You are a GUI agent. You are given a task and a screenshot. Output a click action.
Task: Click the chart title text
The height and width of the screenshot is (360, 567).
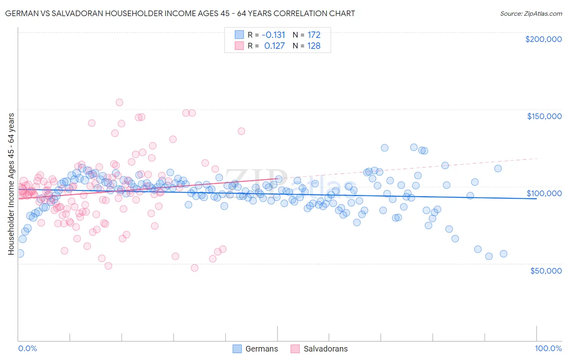click(180, 13)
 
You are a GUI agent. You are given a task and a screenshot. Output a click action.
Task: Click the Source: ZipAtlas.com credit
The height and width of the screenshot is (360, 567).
click(531, 13)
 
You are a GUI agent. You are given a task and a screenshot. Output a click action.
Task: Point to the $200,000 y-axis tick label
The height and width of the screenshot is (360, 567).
click(543, 39)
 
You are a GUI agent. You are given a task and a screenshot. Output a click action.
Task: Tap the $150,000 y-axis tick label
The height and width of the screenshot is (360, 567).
click(544, 116)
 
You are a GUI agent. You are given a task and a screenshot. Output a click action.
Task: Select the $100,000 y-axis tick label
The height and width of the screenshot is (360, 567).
click(544, 193)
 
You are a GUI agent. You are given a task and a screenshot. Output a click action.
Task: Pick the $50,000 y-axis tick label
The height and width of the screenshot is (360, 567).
click(546, 271)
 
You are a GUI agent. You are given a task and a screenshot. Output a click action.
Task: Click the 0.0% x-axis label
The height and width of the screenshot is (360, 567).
click(27, 348)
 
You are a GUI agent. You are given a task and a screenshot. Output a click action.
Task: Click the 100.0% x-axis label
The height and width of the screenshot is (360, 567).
click(548, 348)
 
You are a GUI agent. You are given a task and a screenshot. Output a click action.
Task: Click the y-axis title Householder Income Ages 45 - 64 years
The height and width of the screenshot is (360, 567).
click(11, 184)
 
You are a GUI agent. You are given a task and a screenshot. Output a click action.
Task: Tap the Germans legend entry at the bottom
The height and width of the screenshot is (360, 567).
click(256, 349)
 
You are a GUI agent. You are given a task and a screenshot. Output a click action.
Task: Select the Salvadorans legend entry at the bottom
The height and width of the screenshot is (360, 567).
click(319, 349)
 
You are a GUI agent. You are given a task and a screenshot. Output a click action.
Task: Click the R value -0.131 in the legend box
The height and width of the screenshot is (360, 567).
click(273, 35)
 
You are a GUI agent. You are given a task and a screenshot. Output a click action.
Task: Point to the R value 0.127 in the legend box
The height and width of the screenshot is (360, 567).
click(274, 46)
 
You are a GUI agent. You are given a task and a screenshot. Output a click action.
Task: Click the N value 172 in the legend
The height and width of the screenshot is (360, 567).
click(314, 35)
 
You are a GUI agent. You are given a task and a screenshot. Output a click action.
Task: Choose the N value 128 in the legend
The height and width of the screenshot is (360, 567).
click(314, 46)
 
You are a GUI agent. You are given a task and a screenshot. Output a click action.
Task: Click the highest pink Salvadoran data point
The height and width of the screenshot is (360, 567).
click(119, 103)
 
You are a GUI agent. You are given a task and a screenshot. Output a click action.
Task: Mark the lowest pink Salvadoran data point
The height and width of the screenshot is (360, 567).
click(194, 268)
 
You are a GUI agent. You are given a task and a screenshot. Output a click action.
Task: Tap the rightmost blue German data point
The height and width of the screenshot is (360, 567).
click(503, 254)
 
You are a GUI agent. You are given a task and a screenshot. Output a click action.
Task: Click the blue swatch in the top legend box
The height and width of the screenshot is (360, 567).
click(239, 35)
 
